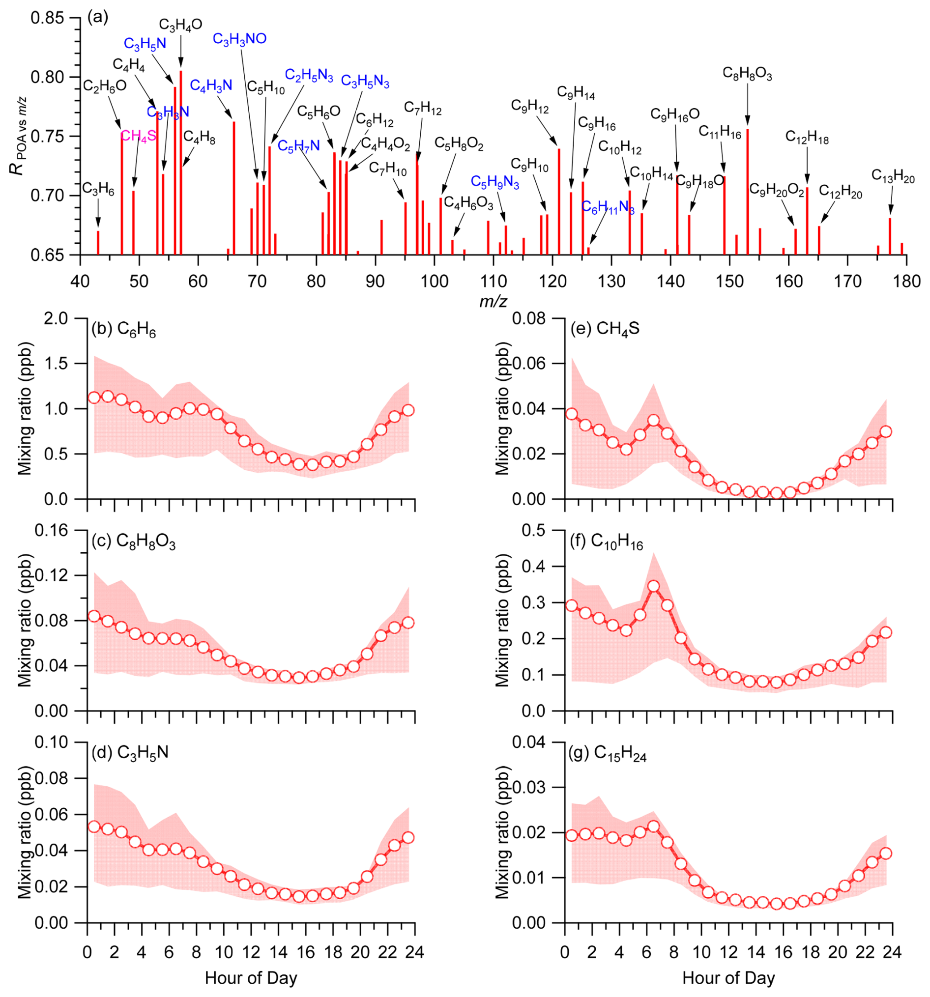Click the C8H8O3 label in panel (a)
747,74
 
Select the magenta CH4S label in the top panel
139,136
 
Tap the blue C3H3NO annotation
239,39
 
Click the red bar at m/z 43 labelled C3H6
98,243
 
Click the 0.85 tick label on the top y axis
48,18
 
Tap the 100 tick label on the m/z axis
435,282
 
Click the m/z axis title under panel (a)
493,301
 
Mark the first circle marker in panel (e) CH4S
571,414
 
